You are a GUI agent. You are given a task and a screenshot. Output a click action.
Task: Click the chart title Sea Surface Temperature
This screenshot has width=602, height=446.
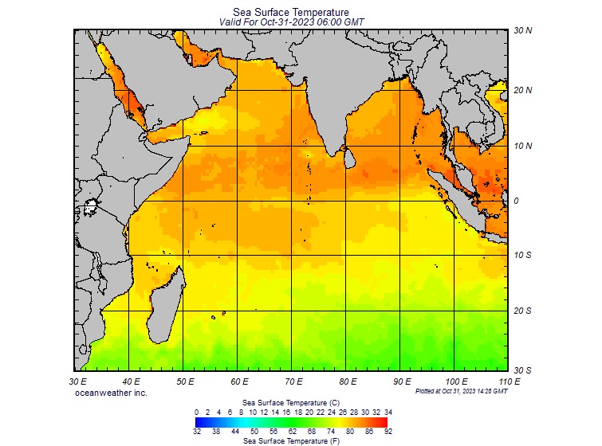pos(291,12)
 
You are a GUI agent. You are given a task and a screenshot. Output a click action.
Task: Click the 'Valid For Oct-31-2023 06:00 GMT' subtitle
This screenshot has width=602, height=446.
pos(291,22)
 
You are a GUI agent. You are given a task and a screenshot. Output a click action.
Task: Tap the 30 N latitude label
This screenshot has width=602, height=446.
pos(523,31)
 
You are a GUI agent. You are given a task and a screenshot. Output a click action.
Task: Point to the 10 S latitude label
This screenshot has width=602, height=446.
pos(523,256)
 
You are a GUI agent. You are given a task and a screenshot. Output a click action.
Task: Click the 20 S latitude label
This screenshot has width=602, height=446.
pos(523,311)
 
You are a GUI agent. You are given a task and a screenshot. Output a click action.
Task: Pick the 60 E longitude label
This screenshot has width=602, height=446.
pos(238,382)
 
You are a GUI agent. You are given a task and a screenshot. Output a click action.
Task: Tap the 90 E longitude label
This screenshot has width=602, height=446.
pos(401,382)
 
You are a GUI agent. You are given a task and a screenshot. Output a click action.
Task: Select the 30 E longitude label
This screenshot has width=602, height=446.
pos(77,382)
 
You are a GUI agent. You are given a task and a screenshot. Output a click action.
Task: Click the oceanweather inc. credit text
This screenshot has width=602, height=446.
pos(111,393)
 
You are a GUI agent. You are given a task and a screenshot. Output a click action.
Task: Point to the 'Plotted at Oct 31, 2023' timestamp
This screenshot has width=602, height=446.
pos(461,391)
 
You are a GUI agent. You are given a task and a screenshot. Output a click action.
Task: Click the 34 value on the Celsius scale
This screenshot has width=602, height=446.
pos(388,412)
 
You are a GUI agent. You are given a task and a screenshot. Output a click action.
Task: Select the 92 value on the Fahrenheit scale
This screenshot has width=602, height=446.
pos(388,430)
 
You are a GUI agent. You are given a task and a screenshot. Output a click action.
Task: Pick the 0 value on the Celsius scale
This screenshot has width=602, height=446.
pos(196,412)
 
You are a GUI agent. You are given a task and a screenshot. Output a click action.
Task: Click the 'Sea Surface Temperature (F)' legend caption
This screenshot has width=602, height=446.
pos(291,440)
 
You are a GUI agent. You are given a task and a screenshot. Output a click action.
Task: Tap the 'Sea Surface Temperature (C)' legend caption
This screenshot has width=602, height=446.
pos(291,403)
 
